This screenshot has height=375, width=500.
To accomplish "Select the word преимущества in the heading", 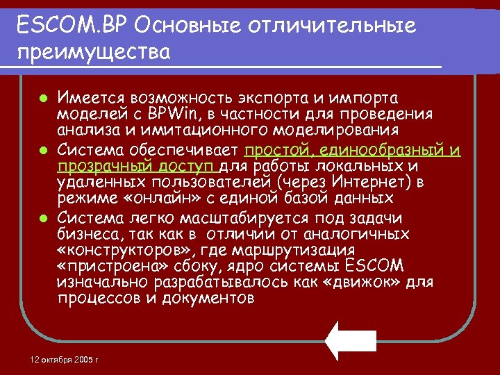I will [x=94, y=53].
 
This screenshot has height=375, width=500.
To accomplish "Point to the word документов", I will [x=208, y=299].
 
